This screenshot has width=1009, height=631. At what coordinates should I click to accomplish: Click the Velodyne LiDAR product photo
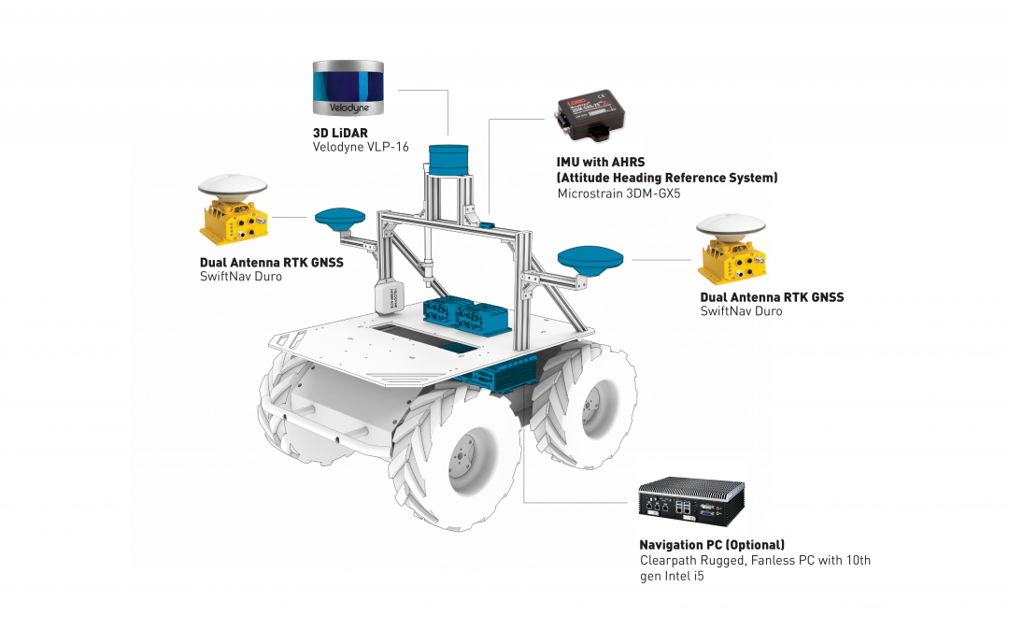pyautogui.click(x=348, y=88)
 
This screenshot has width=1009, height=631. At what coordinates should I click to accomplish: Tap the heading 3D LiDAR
pyautogui.click(x=340, y=134)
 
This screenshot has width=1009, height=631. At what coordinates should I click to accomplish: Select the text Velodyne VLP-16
pyautogui.click(x=361, y=148)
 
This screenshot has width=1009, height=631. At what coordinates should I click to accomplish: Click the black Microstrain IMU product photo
pyautogui.click(x=590, y=115)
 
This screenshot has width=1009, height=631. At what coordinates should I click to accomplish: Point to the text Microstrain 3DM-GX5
pyautogui.click(x=618, y=194)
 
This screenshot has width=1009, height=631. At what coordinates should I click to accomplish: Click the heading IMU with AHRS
pyautogui.click(x=601, y=163)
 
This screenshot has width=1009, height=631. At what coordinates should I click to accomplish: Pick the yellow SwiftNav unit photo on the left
pyautogui.click(x=233, y=209)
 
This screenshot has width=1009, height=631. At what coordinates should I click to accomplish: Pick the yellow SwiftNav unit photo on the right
pyautogui.click(x=731, y=249)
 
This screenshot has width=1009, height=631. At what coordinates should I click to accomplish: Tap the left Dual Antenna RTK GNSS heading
pyautogui.click(x=272, y=263)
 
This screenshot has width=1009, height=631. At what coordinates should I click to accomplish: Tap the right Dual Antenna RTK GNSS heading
pyautogui.click(x=772, y=297)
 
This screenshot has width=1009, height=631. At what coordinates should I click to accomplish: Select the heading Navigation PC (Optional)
pyautogui.click(x=712, y=545)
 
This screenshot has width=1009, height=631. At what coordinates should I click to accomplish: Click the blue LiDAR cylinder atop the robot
pyautogui.click(x=448, y=160)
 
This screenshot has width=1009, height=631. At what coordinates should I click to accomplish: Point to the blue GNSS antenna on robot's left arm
pyautogui.click(x=340, y=218)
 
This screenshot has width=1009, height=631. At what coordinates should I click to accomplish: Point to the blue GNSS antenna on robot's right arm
pyautogui.click(x=590, y=260)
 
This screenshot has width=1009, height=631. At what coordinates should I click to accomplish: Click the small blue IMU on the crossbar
pyautogui.click(x=486, y=224)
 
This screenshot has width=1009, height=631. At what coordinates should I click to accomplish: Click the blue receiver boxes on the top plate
pyautogui.click(x=466, y=316)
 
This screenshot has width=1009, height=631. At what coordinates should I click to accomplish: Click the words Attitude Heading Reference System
pyautogui.click(x=667, y=178)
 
